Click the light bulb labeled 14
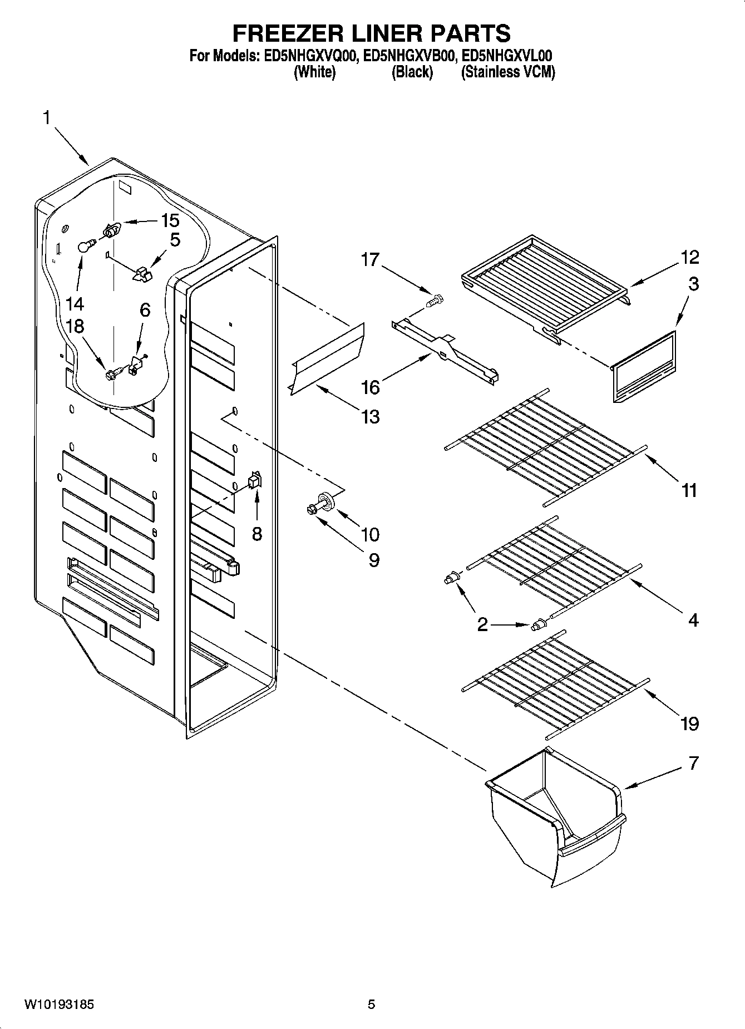point(85,245)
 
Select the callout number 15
point(170,220)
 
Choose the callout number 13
point(370,416)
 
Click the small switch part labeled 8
point(254,480)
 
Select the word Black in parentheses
point(412,72)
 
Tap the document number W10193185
point(60,1005)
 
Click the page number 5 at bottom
point(371,1005)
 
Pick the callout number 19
point(689,723)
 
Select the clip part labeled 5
point(142,274)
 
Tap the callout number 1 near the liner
point(47,117)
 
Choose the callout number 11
point(689,490)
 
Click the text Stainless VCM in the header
point(507,72)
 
